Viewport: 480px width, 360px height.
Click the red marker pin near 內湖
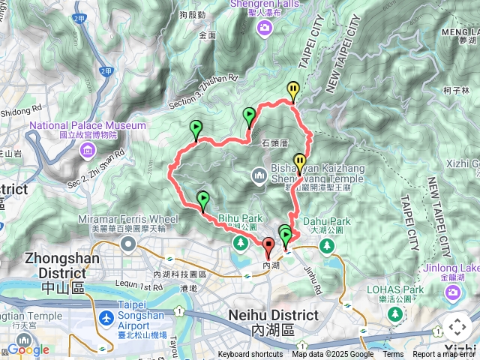point(268,245)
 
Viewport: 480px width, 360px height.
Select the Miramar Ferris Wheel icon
point(128,243)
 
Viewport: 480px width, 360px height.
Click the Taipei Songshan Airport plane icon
point(106,319)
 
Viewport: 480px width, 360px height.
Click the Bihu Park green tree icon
point(239,243)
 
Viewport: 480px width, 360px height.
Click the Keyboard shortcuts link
point(250,355)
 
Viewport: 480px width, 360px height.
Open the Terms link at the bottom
point(393,355)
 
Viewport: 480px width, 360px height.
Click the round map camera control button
point(457,328)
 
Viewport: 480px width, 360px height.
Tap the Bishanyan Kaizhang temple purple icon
point(260,176)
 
